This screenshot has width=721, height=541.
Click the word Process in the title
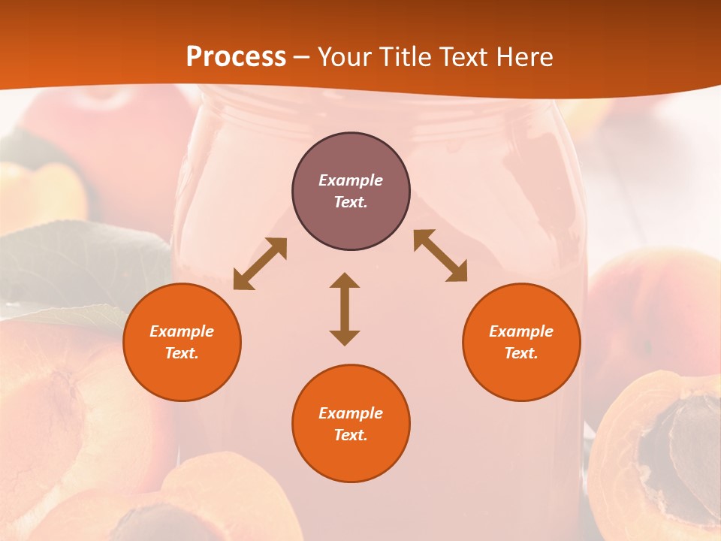(236, 57)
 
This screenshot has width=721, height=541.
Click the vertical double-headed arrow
(345, 309)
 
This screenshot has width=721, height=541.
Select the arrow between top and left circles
(260, 264)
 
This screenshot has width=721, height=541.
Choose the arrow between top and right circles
(440, 255)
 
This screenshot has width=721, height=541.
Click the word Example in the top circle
(351, 180)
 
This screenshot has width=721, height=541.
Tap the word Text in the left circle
(182, 353)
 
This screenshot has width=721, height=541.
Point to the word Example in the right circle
(521, 331)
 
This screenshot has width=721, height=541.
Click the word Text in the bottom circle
(351, 435)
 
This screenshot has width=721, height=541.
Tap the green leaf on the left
(83, 263)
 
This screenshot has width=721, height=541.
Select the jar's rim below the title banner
(376, 105)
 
